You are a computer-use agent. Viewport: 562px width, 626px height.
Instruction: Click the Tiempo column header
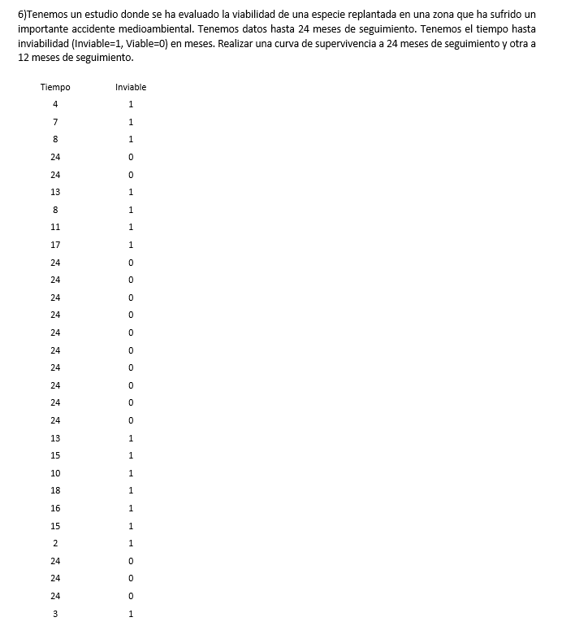pyautogui.click(x=55, y=87)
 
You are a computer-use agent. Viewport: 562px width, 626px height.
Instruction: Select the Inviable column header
pyautogui.click(x=131, y=87)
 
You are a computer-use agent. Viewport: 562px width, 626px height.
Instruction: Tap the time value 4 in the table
pyautogui.click(x=55, y=104)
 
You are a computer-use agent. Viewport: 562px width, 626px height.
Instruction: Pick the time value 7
pyautogui.click(x=55, y=122)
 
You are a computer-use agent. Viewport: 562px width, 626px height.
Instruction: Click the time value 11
pyautogui.click(x=55, y=228)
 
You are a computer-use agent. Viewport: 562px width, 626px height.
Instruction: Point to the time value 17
pyautogui.click(x=55, y=245)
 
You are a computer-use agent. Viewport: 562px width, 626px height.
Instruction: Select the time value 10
pyautogui.click(x=55, y=473)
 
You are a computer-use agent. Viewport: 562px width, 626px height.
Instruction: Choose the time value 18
pyautogui.click(x=55, y=490)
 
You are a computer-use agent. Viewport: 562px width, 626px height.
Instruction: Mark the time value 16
pyautogui.click(x=55, y=508)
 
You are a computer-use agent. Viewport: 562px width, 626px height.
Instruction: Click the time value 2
pyautogui.click(x=55, y=543)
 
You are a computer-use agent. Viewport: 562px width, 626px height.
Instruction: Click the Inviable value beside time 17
pyautogui.click(x=131, y=245)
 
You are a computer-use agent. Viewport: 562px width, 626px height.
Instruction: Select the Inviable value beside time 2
pyautogui.click(x=131, y=543)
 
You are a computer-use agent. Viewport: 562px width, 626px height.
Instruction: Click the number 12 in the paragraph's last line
pyautogui.click(x=24, y=59)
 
